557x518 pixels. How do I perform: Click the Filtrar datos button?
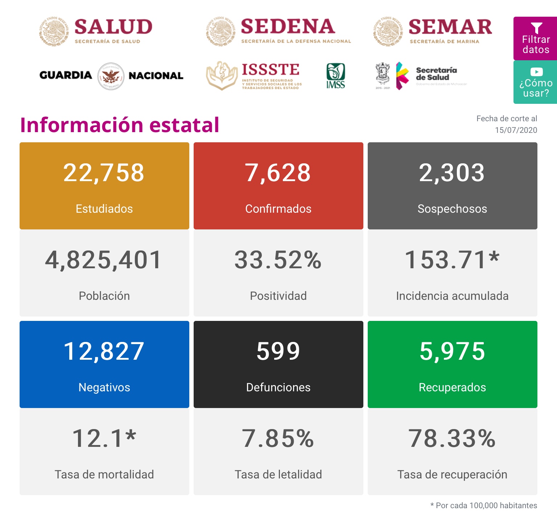click(536, 38)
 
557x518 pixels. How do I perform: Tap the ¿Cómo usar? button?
click(536, 82)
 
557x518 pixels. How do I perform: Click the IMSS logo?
click(335, 76)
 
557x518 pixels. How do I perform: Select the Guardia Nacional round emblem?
click(111, 76)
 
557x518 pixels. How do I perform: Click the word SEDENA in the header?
click(288, 26)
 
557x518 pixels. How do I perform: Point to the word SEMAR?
click(450, 27)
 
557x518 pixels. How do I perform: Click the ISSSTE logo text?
click(271, 69)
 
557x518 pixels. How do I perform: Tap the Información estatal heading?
click(120, 125)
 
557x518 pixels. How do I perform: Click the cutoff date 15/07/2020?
click(516, 130)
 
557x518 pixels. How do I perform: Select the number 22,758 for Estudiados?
click(104, 173)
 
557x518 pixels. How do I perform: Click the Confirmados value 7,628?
click(278, 173)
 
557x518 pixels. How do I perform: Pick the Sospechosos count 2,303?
click(452, 173)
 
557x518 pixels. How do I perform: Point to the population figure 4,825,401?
click(104, 260)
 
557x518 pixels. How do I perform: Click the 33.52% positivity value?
click(278, 260)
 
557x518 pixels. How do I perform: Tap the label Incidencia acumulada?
click(452, 296)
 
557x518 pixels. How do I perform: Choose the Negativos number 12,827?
click(104, 351)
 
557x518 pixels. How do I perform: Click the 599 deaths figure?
click(278, 351)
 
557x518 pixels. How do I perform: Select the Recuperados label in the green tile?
click(452, 387)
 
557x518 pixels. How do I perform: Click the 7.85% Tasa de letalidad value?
click(278, 439)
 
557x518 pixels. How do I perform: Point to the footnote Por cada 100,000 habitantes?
click(484, 505)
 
